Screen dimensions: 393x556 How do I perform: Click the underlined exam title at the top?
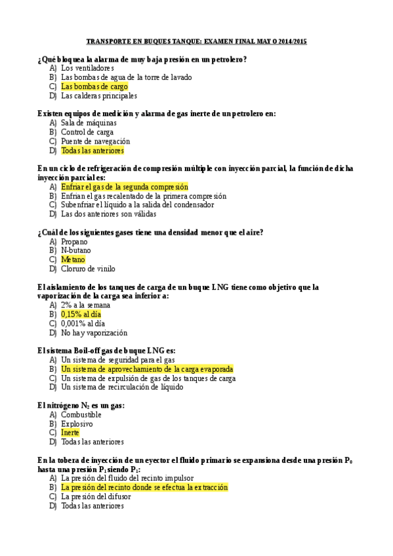pos(197,41)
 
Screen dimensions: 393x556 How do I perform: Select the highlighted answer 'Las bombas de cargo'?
pos(94,86)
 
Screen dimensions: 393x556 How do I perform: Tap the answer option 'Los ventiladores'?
pos(87,68)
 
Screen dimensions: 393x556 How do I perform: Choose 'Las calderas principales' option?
pos(99,95)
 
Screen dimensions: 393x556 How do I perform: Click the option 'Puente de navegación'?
pos(95,141)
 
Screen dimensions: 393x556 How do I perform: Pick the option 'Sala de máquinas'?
pos(89,123)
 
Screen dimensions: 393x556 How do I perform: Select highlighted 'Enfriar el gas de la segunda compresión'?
pos(124,187)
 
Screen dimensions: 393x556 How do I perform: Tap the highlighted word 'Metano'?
pos(73,260)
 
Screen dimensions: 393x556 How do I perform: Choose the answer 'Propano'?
pos(74,241)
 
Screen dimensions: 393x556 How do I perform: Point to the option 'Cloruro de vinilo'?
pos(88,269)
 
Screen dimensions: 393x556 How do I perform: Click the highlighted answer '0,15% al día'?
pos(81,314)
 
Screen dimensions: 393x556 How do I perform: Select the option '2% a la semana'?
pos(85,305)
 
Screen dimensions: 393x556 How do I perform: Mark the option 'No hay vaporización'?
pos(94,332)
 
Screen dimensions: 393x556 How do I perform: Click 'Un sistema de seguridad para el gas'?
pos(117,360)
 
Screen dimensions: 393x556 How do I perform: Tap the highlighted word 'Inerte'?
pos(70,433)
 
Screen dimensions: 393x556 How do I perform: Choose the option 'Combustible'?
pos(81,414)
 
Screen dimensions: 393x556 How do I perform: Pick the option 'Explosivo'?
pos(77,424)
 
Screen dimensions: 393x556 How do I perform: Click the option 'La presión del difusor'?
pos(96,496)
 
